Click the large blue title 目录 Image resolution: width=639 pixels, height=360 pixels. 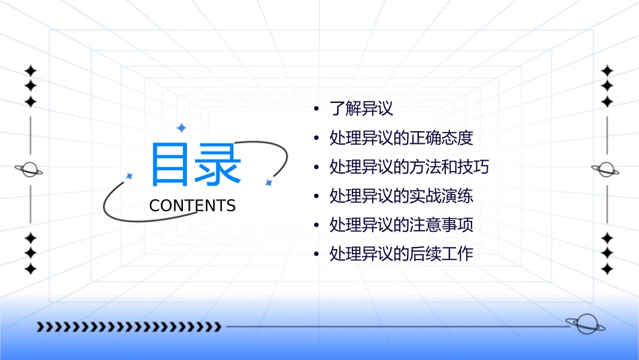[195, 165]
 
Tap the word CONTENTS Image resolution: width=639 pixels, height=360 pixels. [192, 206]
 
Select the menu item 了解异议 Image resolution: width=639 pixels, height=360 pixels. [361, 108]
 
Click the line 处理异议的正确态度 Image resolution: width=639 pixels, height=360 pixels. [401, 138]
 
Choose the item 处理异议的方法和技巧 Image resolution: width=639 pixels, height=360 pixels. [409, 167]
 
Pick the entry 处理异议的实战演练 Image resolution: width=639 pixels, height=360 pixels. [401, 196]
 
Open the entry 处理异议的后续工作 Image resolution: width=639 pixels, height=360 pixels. [401, 254]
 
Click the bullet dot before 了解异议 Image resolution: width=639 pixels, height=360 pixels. [316, 109]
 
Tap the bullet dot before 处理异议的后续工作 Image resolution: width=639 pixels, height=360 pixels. [316, 255]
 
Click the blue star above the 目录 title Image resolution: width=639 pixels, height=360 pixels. [180, 128]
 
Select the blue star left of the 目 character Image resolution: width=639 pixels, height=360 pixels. [130, 176]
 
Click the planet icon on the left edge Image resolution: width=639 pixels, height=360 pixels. [29, 170]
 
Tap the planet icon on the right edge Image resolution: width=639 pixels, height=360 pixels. [605, 170]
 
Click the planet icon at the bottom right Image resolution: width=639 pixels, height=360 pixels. [585, 325]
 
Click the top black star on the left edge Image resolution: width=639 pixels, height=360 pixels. [30, 70]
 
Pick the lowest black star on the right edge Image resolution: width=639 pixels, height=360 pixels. [607, 269]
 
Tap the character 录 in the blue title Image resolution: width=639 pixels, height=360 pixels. [218, 165]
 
